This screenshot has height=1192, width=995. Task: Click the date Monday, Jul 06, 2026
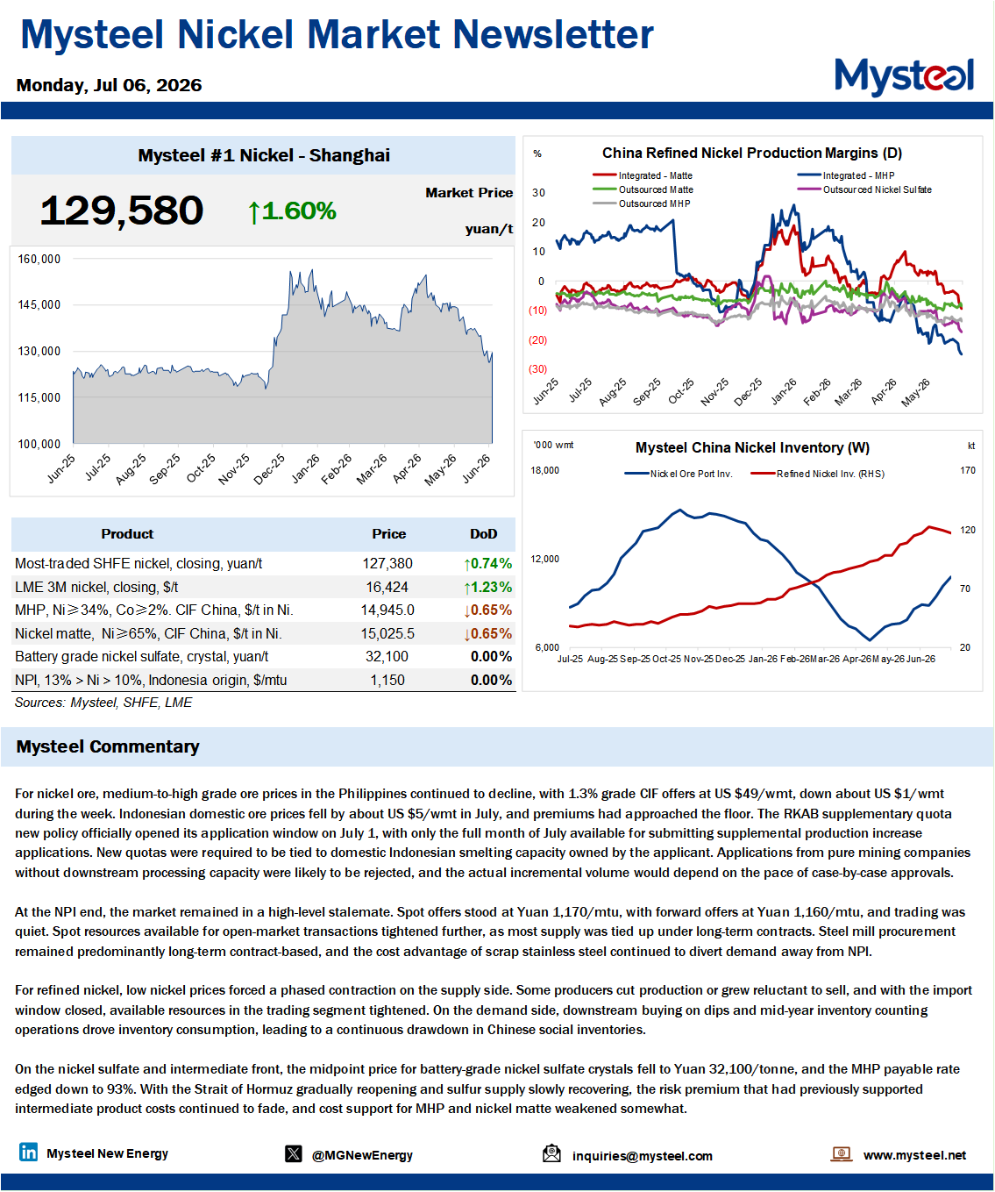pos(109,85)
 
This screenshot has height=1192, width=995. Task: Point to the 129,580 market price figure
pos(122,211)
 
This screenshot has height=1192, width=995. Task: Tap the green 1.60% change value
pos(292,211)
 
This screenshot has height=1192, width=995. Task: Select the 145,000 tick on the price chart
pos(39,305)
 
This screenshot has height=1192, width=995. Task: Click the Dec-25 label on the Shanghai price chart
pos(269,468)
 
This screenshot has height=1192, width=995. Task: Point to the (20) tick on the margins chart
pos(537,340)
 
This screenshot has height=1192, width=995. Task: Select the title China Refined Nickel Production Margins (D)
pos(752,153)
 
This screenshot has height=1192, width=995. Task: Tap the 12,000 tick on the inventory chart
pos(545,559)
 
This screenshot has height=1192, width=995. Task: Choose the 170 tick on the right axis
pos(968,470)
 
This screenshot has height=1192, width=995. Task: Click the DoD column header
pos(483,534)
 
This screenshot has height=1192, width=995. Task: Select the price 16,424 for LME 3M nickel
pos(387,587)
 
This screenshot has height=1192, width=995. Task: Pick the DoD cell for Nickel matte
pos(487,633)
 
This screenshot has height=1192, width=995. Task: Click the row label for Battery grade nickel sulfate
pos(141,656)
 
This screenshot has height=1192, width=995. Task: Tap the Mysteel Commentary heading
pos(108,746)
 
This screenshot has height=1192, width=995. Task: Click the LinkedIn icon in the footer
pos(29,1152)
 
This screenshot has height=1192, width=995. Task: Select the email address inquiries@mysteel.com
pos(643,1155)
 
